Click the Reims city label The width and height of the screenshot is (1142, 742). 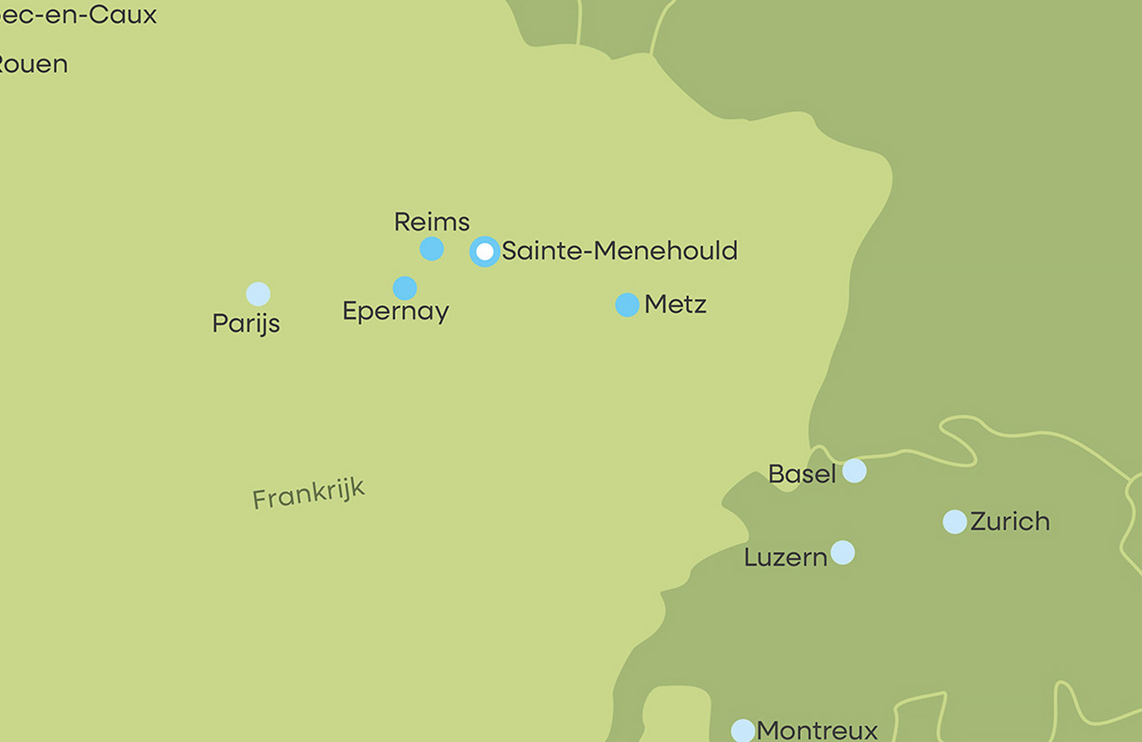[x=432, y=222]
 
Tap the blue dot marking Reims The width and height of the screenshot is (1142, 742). [x=432, y=249]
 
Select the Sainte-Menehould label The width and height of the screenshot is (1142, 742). [x=619, y=250]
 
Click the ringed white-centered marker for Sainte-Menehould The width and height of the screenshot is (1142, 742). [x=485, y=252]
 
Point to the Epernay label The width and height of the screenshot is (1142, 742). [x=396, y=311]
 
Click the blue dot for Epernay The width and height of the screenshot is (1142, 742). [x=405, y=288]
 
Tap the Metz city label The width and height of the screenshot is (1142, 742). [x=675, y=304]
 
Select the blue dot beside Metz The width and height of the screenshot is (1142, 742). [x=627, y=305]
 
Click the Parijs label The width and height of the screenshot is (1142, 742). [x=246, y=324]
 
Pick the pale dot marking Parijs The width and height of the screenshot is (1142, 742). [x=258, y=294]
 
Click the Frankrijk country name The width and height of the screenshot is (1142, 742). [x=308, y=493]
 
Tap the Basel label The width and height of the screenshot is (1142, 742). [x=802, y=474]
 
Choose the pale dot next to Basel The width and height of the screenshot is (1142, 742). [x=854, y=470]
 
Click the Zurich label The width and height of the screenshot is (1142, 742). [x=1010, y=521]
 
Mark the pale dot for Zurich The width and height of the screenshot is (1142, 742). [x=954, y=522]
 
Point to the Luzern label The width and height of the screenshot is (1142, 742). [x=786, y=558]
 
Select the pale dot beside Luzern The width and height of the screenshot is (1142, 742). [x=843, y=553]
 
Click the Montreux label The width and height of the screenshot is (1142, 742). [x=817, y=730]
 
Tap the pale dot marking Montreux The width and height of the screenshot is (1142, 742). [x=743, y=731]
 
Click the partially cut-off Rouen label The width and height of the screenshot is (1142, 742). [x=33, y=64]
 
